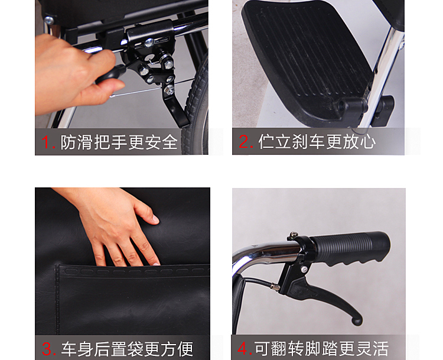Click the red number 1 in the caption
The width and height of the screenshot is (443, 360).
point(48,142)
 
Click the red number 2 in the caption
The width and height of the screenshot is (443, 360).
point(246,142)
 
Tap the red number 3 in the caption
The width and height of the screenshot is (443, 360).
point(48,349)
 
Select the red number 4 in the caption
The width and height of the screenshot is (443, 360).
point(245,348)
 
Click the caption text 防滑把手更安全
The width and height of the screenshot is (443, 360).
point(119,142)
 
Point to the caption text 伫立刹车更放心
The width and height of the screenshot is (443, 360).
point(317,142)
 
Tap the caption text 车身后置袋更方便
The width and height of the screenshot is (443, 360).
point(127,349)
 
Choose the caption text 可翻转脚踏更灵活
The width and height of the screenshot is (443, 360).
point(321,348)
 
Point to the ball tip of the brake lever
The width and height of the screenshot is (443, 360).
point(357,321)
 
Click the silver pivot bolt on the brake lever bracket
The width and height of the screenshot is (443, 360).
point(304,268)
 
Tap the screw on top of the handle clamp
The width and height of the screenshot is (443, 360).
point(292,235)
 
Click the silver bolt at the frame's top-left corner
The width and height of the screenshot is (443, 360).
point(49,20)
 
